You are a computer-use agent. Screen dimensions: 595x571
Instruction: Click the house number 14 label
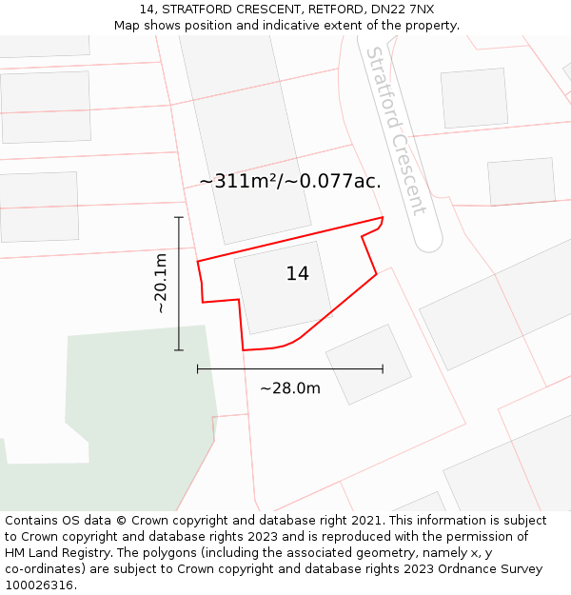(x=297, y=274)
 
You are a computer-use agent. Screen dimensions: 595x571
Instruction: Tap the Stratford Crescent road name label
(x=396, y=131)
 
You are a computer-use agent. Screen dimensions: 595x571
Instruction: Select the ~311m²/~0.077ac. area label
(x=290, y=181)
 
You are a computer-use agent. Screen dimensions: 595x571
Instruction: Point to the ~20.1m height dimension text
(x=161, y=284)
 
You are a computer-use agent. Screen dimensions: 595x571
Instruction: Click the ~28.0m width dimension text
(x=290, y=388)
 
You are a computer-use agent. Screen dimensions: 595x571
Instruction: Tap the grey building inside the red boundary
(x=283, y=286)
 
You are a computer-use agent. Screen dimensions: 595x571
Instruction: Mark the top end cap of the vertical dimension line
(x=179, y=217)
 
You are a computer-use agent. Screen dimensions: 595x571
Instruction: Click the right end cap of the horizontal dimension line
(x=383, y=368)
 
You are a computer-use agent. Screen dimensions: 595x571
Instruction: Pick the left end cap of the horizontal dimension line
(x=198, y=368)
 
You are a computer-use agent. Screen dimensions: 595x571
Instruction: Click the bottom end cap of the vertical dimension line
(x=179, y=350)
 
